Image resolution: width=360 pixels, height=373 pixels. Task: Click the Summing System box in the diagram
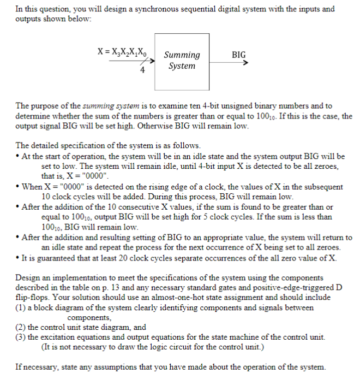182,61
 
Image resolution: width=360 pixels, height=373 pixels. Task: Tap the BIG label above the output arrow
238,55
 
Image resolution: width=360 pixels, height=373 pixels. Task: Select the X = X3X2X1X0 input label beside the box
124,55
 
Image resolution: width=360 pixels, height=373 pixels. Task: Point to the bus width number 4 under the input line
142,70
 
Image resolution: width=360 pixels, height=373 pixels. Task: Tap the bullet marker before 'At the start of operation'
19,157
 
